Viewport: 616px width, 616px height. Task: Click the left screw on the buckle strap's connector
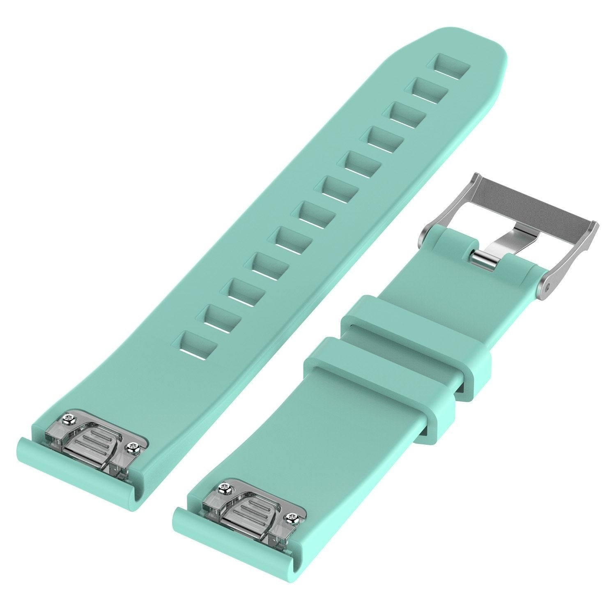pos(224,487)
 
